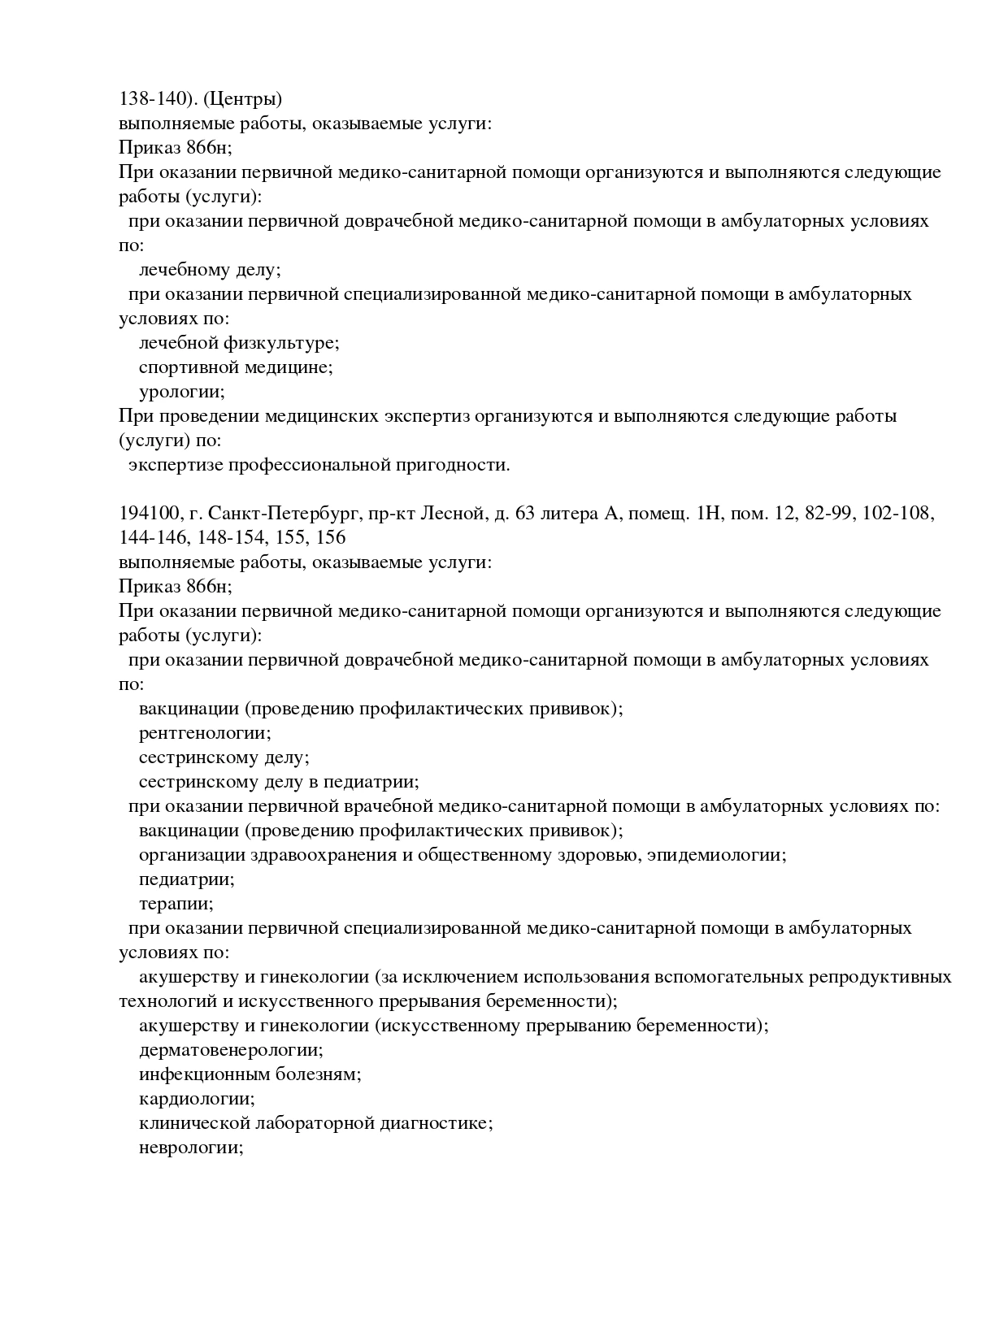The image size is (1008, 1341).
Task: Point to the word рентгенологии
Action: tap(204, 733)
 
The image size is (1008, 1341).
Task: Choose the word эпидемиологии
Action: tap(717, 855)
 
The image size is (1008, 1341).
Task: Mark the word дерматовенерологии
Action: tap(231, 1050)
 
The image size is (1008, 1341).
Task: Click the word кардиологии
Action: tap(197, 1099)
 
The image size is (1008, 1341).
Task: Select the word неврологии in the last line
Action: tap(191, 1148)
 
